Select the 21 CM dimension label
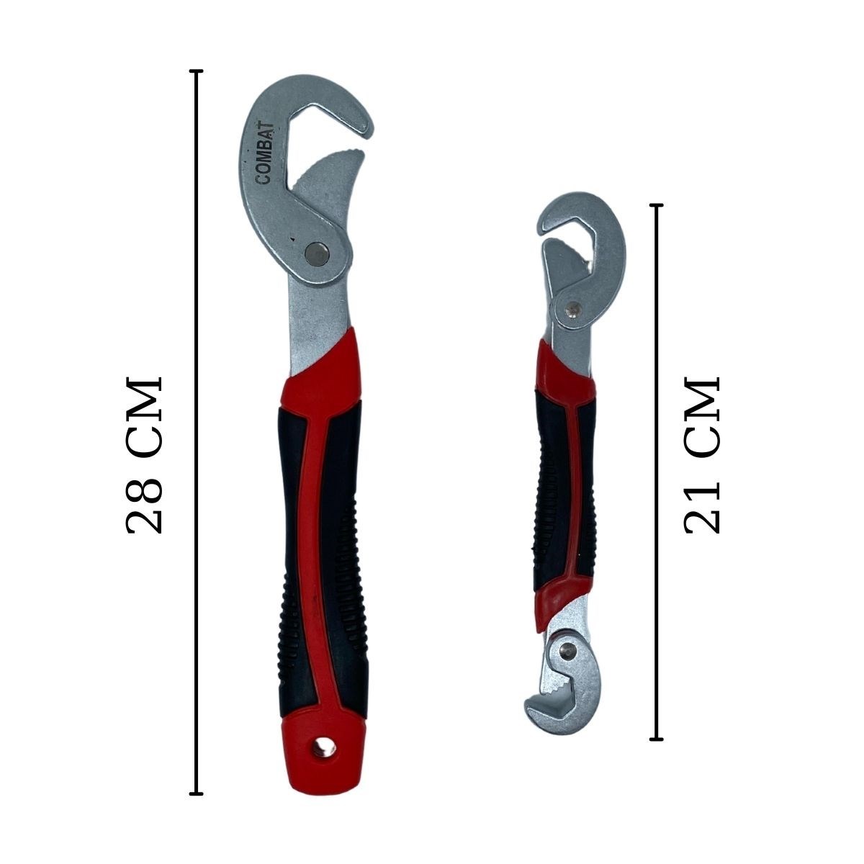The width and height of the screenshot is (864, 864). point(701,454)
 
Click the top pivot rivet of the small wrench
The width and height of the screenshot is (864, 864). point(572,308)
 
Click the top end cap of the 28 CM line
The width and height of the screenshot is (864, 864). point(196,71)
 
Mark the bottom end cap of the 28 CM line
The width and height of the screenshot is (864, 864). point(196,794)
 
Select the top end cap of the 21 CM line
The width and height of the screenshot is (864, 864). point(656,205)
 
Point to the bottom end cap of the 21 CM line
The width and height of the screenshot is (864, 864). point(656,739)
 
